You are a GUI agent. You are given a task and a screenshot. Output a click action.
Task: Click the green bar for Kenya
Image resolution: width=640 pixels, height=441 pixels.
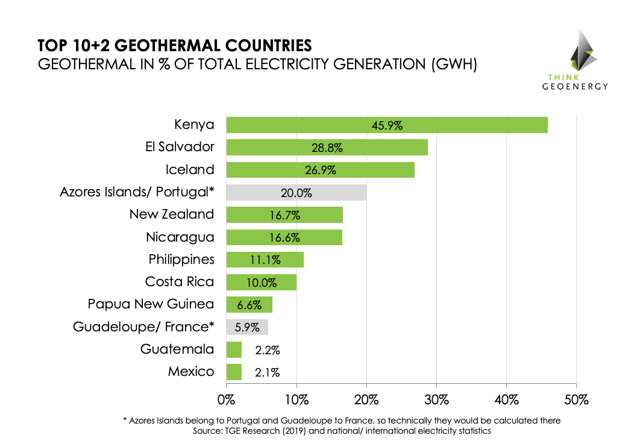point(386,125)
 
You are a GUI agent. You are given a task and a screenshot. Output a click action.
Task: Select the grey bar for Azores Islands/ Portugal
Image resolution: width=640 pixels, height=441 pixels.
point(296,193)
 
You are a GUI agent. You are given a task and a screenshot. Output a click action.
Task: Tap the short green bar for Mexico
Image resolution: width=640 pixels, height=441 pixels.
point(234,372)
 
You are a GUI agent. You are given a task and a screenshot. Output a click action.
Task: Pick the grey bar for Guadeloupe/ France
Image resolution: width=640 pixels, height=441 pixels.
point(246,327)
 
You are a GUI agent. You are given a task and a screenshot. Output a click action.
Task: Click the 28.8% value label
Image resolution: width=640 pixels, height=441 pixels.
point(328,148)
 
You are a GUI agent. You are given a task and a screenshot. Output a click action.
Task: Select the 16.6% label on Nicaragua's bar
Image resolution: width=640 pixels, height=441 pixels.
point(285,237)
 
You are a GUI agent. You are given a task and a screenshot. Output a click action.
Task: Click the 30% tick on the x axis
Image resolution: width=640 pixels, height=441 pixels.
point(436,399)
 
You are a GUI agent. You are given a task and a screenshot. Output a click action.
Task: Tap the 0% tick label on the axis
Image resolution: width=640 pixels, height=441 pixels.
point(227,399)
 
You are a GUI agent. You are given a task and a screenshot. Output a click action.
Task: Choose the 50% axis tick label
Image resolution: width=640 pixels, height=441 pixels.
point(576,399)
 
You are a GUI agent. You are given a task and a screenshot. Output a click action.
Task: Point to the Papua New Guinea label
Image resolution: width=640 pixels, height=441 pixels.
point(151,304)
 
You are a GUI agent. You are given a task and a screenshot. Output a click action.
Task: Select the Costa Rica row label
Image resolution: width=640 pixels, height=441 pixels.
point(180,281)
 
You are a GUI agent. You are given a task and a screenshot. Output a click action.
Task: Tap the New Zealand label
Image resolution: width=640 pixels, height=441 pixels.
point(172,214)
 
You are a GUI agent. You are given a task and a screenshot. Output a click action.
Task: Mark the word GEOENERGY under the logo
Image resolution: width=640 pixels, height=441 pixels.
point(575,86)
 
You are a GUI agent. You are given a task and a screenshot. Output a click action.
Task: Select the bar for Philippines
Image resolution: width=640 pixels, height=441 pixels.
point(265,260)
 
